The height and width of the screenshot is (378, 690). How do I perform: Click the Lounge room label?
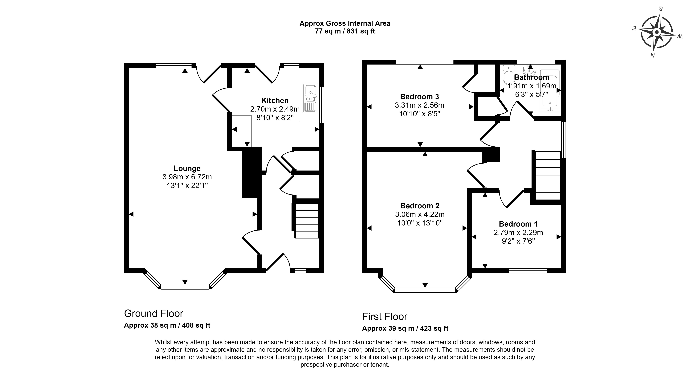(x=187, y=168)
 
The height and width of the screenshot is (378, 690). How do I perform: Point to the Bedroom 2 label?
(x=420, y=206)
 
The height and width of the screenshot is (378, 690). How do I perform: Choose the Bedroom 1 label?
(x=518, y=224)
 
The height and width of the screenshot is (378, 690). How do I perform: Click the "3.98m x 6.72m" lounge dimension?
(x=187, y=177)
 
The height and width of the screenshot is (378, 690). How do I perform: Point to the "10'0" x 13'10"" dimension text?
(x=420, y=223)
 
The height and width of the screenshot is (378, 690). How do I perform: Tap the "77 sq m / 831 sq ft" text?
(x=345, y=31)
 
